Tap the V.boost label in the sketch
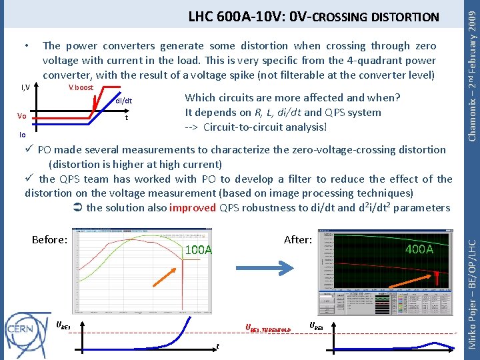[x=81, y=88]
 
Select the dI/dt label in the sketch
[x=124, y=101]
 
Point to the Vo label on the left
[x=22, y=116]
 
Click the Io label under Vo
[x=21, y=134]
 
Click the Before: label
[x=49, y=240]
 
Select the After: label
[x=297, y=239]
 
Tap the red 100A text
[x=199, y=250]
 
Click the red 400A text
[x=419, y=249]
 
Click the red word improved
[x=192, y=207]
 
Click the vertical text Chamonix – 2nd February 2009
[x=471, y=70]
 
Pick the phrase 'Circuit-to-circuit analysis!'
[x=265, y=127]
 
